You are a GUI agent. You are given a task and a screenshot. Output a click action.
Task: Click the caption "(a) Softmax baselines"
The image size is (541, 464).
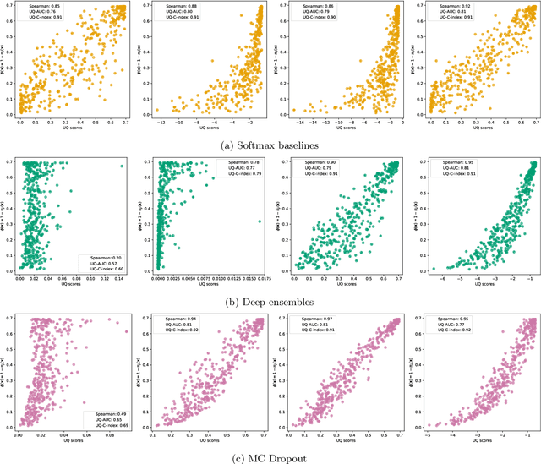[270, 145]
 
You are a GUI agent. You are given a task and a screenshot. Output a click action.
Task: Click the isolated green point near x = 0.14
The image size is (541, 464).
[122, 166]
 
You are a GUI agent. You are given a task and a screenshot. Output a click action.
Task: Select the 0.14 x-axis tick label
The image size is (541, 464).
[122, 279]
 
